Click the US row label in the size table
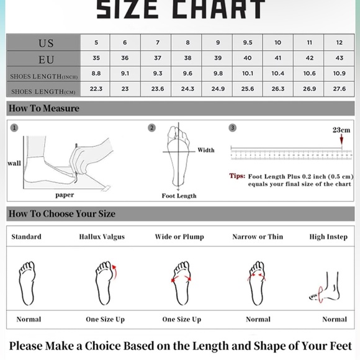pyautogui.click(x=46, y=43)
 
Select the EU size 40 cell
pyautogui.click(x=248, y=58)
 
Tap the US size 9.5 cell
pyautogui.click(x=248, y=43)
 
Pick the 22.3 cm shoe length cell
pyautogui.click(x=96, y=89)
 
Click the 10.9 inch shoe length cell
pyautogui.click(x=340, y=74)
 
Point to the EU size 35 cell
pyautogui.click(x=96, y=58)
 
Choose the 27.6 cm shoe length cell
pyautogui.click(x=340, y=89)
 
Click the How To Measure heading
pyautogui.click(x=44, y=109)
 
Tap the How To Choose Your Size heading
pyautogui.click(x=62, y=214)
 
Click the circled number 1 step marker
pyautogui.click(x=14, y=128)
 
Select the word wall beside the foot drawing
pyautogui.click(x=14, y=163)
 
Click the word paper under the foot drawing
pyautogui.click(x=65, y=195)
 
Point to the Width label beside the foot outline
pyautogui.click(x=206, y=150)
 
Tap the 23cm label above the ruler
pyautogui.click(x=341, y=130)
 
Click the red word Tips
pyautogui.click(x=237, y=176)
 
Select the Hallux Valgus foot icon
pyautogui.click(x=104, y=283)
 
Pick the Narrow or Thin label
pyautogui.click(x=258, y=237)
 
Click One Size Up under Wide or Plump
pyautogui.click(x=182, y=320)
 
